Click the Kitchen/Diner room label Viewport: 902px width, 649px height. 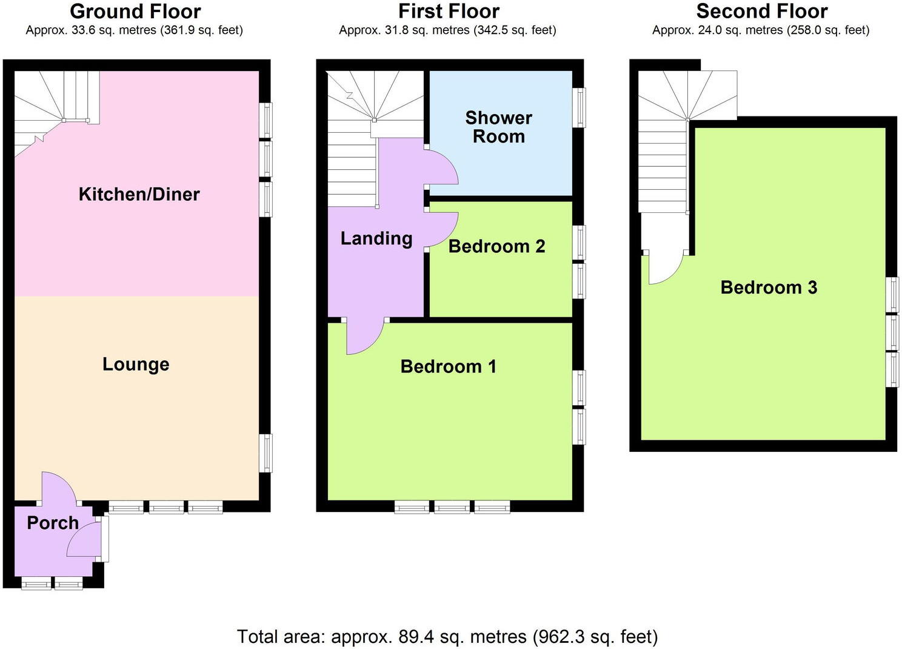click(139, 195)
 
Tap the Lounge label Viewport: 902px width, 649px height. click(136, 364)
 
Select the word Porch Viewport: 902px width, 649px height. click(53, 523)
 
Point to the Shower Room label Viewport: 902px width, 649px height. click(498, 127)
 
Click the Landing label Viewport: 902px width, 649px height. click(376, 238)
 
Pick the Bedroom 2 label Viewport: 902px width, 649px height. click(497, 246)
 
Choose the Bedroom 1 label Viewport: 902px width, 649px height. click(449, 366)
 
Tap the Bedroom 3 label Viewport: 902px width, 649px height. click(769, 288)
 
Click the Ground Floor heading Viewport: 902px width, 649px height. click(135, 12)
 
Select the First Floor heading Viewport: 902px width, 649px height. click(449, 12)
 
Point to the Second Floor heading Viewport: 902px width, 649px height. click(762, 12)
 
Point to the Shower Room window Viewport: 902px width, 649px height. click(579, 107)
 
